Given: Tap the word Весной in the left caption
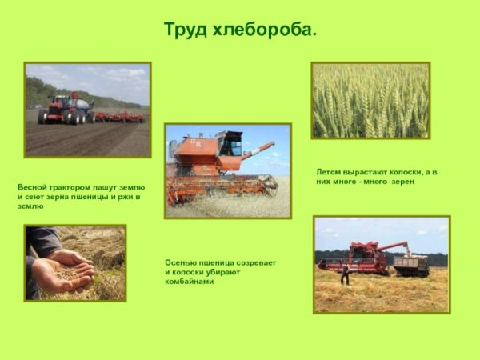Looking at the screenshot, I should tap(32, 186).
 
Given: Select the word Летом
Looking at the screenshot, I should tap(330, 172).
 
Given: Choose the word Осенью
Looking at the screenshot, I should tap(180, 262).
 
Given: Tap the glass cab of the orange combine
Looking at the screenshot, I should tap(230, 145).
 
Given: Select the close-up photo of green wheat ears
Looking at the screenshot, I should tap(370, 101).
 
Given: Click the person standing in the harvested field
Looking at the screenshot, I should tap(346, 274).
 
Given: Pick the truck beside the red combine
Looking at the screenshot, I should tap(410, 264).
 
